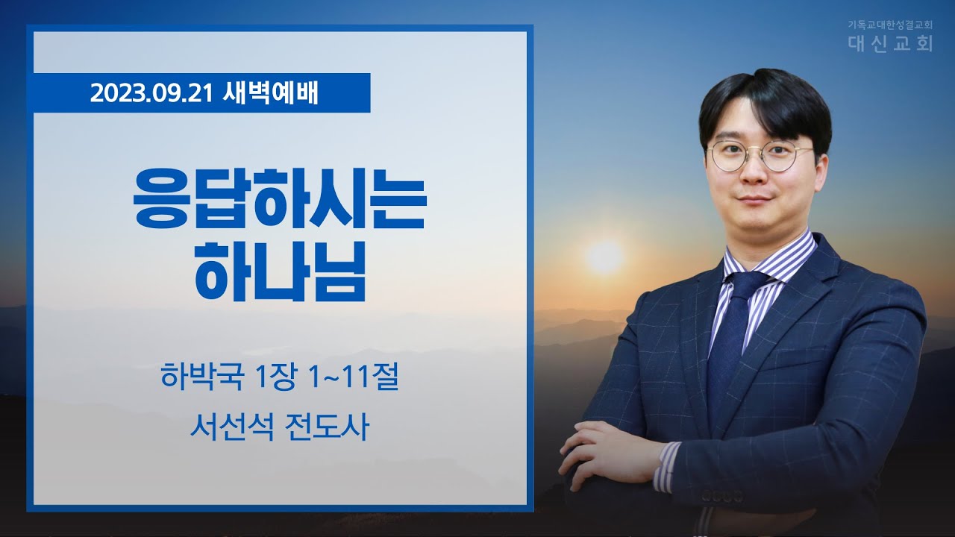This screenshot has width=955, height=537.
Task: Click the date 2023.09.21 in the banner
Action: (151, 93)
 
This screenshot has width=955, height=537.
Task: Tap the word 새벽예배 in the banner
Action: (270, 93)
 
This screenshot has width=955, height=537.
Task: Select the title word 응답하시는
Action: (279, 198)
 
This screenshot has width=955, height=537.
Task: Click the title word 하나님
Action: (280, 271)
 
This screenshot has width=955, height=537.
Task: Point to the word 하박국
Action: (202, 377)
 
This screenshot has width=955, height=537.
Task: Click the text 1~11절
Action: (354, 377)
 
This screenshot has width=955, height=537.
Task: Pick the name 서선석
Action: (232, 427)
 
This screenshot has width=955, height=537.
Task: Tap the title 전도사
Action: (327, 427)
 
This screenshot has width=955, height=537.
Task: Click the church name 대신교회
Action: (890, 43)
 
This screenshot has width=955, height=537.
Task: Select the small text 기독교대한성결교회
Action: (888, 25)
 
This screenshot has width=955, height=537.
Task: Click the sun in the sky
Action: (605, 257)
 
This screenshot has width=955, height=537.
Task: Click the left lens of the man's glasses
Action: (729, 157)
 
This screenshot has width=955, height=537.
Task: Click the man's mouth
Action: (756, 199)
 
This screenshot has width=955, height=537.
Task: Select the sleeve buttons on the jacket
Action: (723, 496)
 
